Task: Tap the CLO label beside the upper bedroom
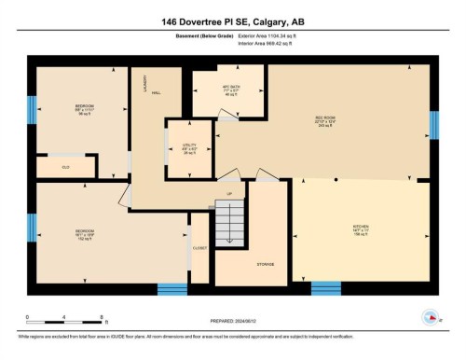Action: click(x=66, y=167)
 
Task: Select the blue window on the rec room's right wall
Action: click(x=434, y=124)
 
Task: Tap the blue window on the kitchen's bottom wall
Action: click(x=326, y=287)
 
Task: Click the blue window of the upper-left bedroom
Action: click(x=31, y=108)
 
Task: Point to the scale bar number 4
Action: click(x=63, y=318)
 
